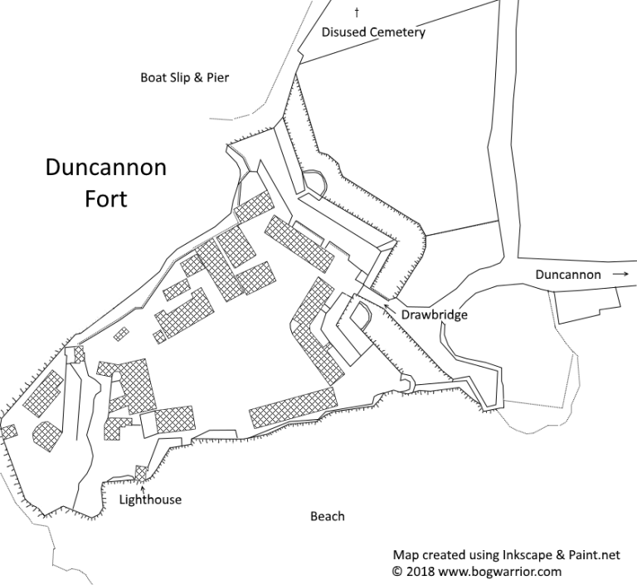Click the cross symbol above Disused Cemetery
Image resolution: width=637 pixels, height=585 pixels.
pyautogui.click(x=357, y=12)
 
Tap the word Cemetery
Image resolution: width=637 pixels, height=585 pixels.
pyautogui.click(x=397, y=33)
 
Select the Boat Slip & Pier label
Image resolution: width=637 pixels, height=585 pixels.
pyautogui.click(x=184, y=78)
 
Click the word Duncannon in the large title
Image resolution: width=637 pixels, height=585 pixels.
pyautogui.click(x=105, y=168)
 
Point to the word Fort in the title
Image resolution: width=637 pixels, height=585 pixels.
pyautogui.click(x=106, y=200)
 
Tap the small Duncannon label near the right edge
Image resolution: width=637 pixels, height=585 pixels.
pyautogui.click(x=568, y=274)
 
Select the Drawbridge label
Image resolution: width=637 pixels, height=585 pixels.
pyautogui.click(x=435, y=315)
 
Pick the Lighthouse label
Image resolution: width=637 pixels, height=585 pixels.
pyautogui.click(x=150, y=500)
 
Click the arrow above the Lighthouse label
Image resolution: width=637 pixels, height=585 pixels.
pyautogui.click(x=143, y=486)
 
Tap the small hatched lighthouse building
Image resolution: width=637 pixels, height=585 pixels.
pyautogui.click(x=141, y=473)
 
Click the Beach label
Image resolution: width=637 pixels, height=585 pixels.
pyautogui.click(x=327, y=516)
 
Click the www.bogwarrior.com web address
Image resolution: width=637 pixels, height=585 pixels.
pyautogui.click(x=508, y=572)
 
